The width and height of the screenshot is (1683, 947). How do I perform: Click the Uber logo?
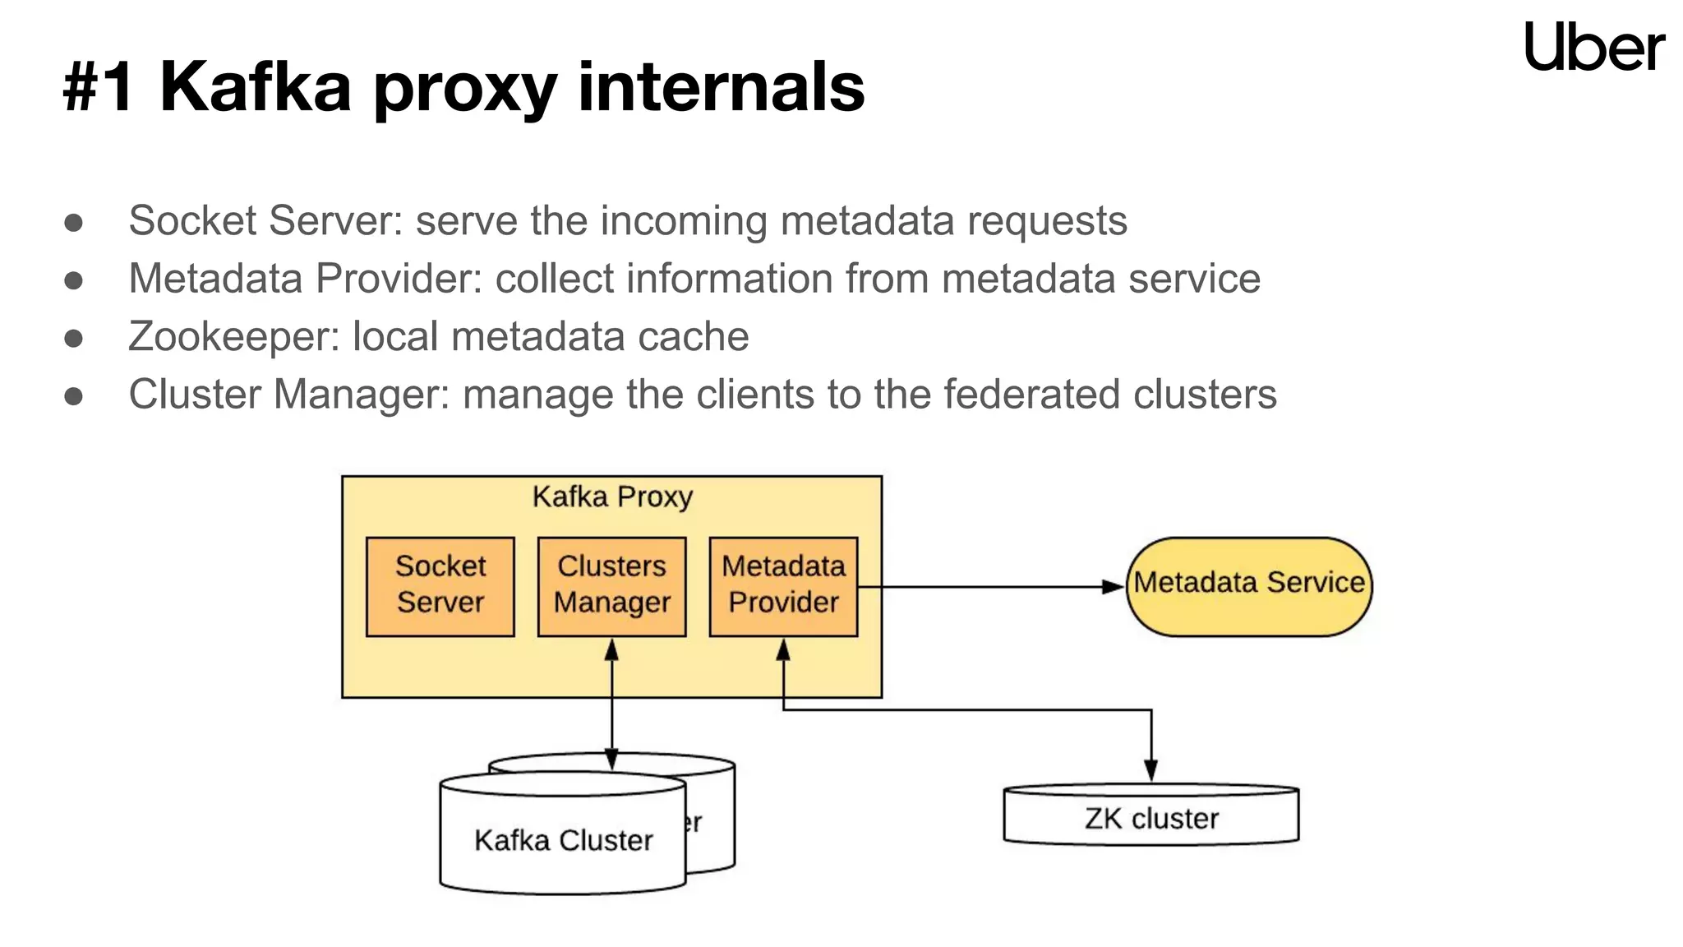(1593, 47)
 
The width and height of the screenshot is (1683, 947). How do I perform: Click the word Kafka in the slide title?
(255, 87)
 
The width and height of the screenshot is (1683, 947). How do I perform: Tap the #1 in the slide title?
(98, 87)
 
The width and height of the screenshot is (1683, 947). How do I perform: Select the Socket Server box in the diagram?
(440, 586)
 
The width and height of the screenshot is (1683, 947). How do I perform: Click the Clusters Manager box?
(611, 586)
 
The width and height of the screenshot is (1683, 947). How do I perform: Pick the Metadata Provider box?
(783, 586)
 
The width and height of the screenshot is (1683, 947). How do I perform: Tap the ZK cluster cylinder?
(1150, 816)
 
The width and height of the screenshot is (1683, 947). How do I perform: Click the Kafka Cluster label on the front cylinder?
(563, 840)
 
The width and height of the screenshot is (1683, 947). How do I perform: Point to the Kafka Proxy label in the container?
(612, 497)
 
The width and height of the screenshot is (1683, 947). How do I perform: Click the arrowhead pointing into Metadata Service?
(1114, 587)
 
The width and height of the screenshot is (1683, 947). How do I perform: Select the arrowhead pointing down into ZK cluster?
(1150, 771)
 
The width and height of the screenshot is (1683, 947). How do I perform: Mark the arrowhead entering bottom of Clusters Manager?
(611, 650)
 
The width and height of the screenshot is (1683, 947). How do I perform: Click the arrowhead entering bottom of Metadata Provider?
(783, 650)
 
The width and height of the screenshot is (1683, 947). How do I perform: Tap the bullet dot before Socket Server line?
(74, 223)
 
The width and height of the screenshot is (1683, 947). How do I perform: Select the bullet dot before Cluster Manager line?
(74, 396)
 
